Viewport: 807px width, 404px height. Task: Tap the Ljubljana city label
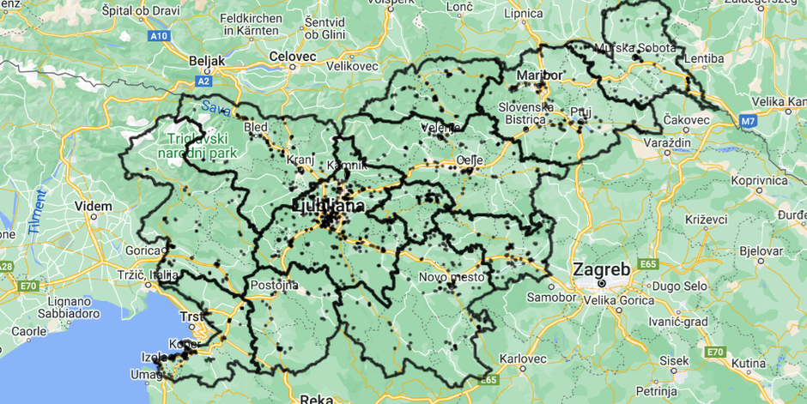(328, 206)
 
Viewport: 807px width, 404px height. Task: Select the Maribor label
(539, 75)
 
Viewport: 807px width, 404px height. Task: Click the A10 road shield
(159, 36)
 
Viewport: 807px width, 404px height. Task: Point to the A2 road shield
(203, 81)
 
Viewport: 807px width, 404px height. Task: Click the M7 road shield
(749, 122)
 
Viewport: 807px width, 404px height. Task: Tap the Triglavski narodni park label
(197, 145)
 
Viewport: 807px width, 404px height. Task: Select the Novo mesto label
(452, 277)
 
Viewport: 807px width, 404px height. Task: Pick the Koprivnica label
(759, 181)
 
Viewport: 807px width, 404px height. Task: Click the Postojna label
(275, 285)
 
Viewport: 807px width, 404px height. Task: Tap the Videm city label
(94, 207)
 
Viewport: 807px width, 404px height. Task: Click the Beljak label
(206, 61)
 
